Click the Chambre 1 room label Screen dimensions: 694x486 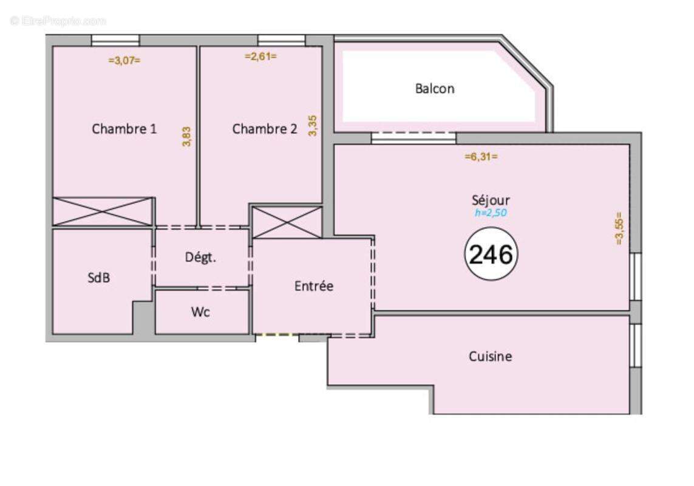(124, 128)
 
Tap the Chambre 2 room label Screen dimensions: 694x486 (264, 128)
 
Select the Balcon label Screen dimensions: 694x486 (435, 89)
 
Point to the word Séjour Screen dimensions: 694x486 (491, 200)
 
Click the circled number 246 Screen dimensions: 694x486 (491, 254)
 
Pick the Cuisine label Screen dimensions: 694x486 (490, 356)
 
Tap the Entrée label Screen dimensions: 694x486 (313, 286)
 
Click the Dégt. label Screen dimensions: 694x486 (200, 257)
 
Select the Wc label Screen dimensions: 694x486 (200, 312)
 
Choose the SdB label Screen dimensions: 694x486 (99, 278)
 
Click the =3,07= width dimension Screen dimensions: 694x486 (124, 61)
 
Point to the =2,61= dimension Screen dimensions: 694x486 (260, 56)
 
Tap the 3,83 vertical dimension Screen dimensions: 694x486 (187, 137)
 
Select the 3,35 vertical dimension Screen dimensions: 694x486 (313, 126)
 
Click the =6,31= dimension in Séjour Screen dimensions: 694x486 (481, 156)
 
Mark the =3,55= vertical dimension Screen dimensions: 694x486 (619, 228)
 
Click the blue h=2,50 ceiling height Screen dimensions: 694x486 (491, 213)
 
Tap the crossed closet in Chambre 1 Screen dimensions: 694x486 (103, 211)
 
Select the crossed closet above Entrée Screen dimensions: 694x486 (287, 222)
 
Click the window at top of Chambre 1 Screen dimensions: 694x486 (115, 40)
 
